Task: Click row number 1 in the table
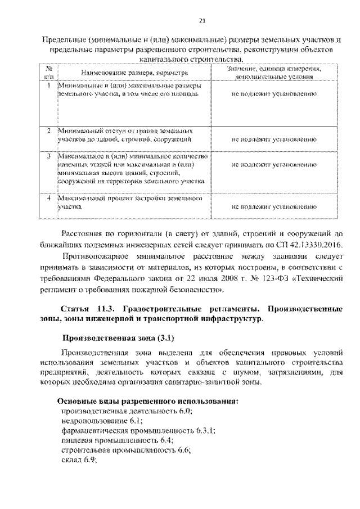click(49, 85)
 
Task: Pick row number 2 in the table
click(49, 130)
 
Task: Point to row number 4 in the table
click(49, 199)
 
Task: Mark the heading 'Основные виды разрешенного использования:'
click(149, 401)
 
